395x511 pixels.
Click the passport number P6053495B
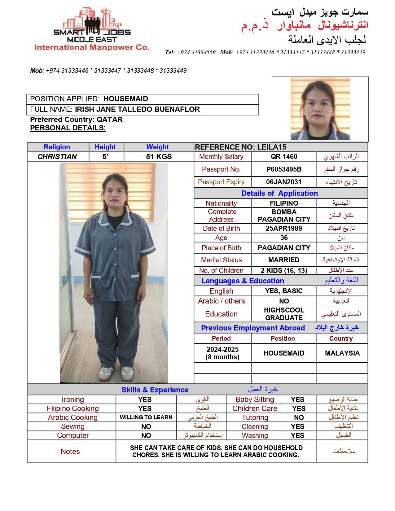coord(284,169)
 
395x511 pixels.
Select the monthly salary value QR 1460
coord(284,157)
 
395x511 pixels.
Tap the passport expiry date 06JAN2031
coord(284,182)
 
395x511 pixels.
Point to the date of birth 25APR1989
coord(284,229)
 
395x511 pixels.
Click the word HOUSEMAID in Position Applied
coord(126,99)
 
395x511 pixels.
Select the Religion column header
coord(57,147)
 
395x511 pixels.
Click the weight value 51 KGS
coord(159,157)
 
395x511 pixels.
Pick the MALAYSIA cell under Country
coord(342,353)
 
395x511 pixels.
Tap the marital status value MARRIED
coord(284,260)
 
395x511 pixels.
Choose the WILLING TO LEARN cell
coord(146,417)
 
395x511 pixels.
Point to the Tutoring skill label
coord(255,417)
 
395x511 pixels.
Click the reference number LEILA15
coord(272,147)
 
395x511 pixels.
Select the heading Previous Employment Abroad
coord(253,328)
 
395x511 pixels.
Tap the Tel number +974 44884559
coord(196,52)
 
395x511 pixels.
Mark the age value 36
coord(284,238)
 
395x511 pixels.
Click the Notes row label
coord(70,452)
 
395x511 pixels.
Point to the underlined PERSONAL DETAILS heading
coord(68,128)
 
